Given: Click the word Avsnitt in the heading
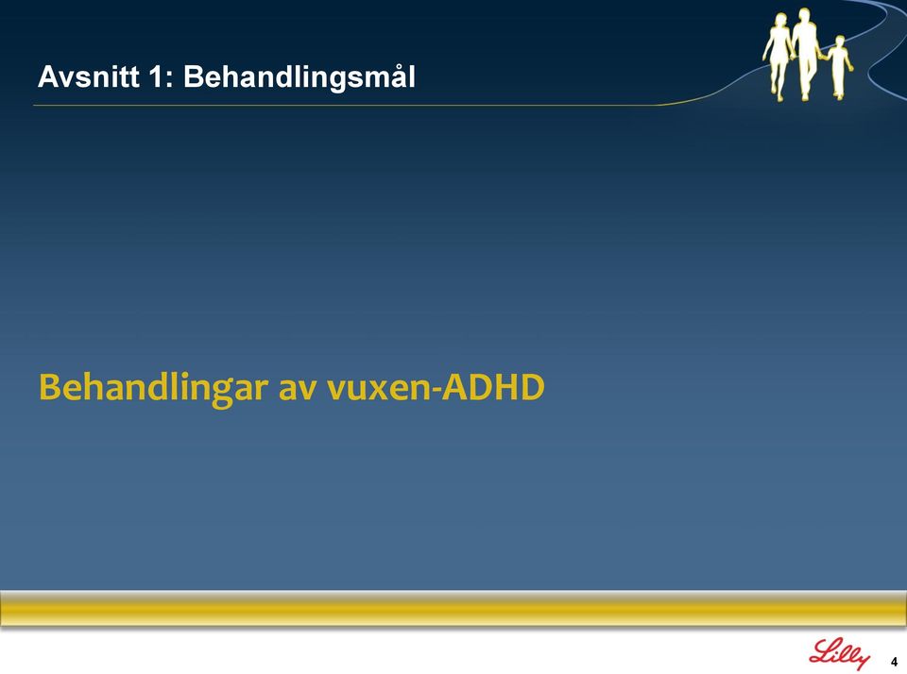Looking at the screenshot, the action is pos(89,76).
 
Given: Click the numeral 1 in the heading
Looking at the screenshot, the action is pos(155,76).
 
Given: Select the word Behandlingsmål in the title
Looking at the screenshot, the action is pos(299,76).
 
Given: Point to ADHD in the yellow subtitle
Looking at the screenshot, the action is pos(497,387).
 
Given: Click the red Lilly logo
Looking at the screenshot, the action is pos(839,654).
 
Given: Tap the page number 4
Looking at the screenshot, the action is pos(895,662).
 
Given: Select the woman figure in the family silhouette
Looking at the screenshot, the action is pos(778,56).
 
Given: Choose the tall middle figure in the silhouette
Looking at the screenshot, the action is pos(805,54).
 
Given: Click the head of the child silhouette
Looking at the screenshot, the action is pos(840,42).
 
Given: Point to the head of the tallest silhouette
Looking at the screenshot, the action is pos(804,14).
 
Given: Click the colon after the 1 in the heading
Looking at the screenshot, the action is pos(169,80).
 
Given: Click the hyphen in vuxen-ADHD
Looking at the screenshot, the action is pos(445,391).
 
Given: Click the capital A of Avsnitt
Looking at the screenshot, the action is pos(47,76).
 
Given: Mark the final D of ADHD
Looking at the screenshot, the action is pos(533,387).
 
